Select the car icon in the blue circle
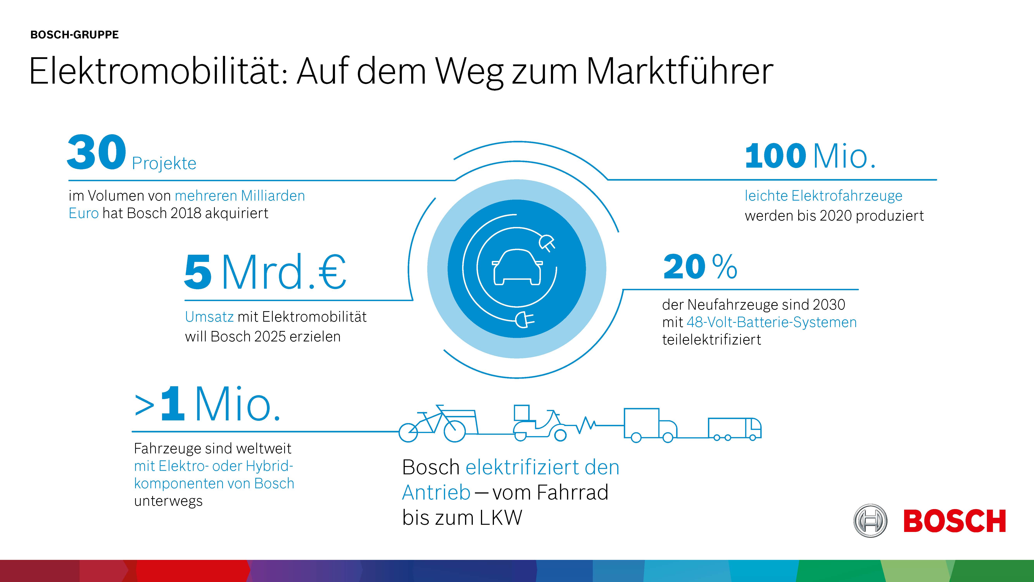pyautogui.click(x=517, y=267)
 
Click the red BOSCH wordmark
pyautogui.click(x=955, y=521)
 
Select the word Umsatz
pyautogui.click(x=209, y=317)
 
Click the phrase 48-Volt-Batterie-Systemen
pyautogui.click(x=772, y=322)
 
